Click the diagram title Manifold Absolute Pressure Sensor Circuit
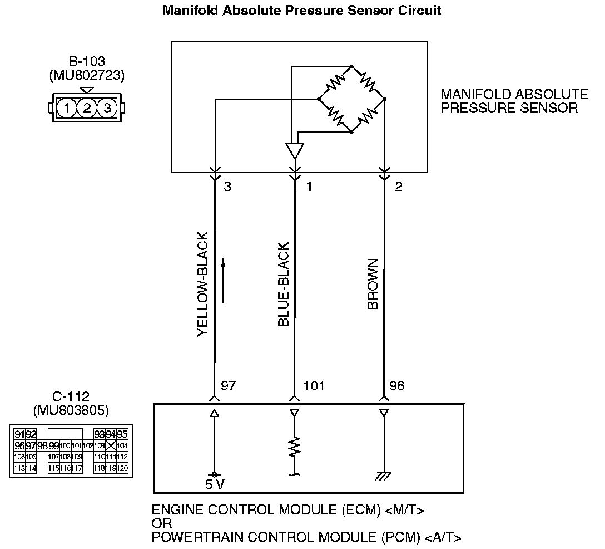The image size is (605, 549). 302,11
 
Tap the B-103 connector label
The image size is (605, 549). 87,62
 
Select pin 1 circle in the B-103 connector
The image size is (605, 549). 67,107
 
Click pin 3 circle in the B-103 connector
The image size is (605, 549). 107,107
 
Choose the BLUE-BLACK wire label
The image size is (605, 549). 283,284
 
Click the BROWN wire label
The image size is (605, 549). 373,284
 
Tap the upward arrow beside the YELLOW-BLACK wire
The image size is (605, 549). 223,281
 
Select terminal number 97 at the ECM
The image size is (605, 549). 229,385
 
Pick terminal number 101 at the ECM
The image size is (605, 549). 314,385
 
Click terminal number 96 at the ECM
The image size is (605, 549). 397,385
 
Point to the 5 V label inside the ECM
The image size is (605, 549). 215,484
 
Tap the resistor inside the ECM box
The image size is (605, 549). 294,447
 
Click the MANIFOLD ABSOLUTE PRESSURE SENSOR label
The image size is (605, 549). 514,101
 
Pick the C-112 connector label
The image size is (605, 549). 71,398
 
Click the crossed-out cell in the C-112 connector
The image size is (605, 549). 111,445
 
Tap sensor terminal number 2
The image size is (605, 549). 398,187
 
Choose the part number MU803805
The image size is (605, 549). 71,411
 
